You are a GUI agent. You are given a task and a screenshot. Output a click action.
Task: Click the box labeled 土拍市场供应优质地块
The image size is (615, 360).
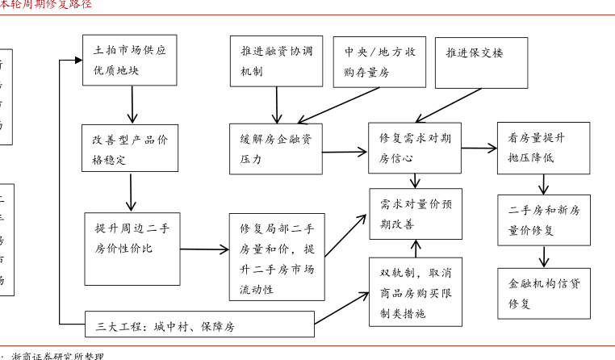[130, 61]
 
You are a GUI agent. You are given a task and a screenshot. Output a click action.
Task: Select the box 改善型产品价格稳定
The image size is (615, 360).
[130, 148]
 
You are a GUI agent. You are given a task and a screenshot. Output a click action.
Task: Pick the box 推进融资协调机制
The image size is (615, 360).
[276, 61]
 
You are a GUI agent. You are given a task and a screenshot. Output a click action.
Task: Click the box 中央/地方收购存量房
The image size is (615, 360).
[379, 61]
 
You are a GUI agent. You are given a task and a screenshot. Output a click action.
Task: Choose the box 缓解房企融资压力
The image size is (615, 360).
[276, 148]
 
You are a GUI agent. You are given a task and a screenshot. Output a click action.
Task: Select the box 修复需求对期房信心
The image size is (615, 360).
[416, 148]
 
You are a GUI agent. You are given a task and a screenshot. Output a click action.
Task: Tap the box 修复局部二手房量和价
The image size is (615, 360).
[276, 257]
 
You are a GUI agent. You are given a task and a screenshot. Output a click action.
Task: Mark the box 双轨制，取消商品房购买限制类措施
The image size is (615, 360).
[416, 291]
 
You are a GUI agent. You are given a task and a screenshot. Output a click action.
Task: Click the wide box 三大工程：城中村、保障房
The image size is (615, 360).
[199, 324]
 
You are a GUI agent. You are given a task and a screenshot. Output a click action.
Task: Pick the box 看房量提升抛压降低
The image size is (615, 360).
[542, 148]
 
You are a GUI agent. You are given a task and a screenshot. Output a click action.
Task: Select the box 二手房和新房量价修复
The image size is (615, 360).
[542, 220]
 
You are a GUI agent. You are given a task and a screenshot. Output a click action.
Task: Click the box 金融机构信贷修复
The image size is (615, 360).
[542, 293]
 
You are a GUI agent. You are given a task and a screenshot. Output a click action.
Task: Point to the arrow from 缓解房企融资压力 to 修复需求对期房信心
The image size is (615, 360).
[346, 149]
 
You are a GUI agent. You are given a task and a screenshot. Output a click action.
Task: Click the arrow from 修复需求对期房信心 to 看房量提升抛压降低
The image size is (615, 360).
[479, 149]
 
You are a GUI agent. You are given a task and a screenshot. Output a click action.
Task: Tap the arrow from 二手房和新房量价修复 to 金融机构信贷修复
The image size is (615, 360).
[543, 257]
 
